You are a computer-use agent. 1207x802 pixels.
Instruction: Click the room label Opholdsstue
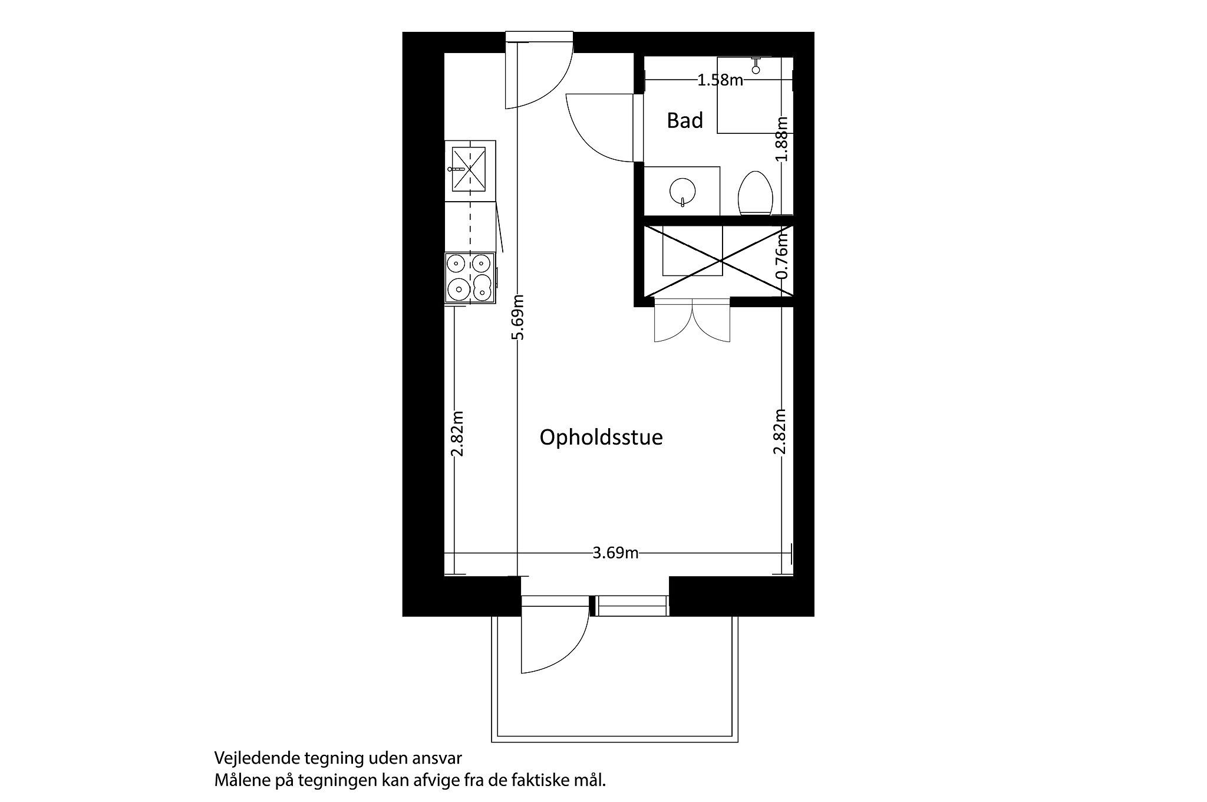coord(601,438)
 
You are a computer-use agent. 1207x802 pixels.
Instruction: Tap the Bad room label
coord(685,120)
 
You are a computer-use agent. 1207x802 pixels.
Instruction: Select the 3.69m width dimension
coord(615,553)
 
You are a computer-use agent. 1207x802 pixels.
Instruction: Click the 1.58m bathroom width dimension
coord(720,80)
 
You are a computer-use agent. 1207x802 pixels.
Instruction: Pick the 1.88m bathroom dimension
coord(782,138)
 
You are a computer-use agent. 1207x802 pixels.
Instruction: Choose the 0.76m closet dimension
coord(782,255)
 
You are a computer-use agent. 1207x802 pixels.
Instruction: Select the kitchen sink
coord(469,169)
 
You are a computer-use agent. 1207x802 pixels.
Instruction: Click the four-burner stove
coord(470,277)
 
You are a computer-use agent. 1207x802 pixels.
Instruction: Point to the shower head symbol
coord(756,66)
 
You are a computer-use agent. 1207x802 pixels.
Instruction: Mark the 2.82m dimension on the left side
coord(457,433)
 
